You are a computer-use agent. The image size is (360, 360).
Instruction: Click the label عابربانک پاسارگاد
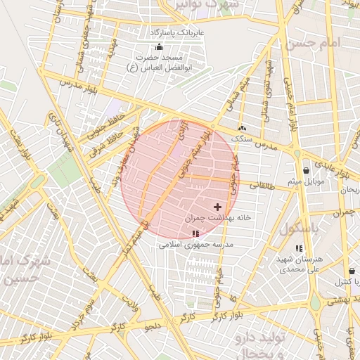tap(175, 32)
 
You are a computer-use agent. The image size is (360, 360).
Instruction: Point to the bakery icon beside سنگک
tap(242, 129)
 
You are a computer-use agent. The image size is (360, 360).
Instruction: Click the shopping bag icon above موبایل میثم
tap(306, 171)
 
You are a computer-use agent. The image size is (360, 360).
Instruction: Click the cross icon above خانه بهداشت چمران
tap(217, 207)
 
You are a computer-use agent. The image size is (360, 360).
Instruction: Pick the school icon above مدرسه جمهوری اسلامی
tap(195, 233)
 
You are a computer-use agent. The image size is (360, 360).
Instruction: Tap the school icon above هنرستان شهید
tap(300, 248)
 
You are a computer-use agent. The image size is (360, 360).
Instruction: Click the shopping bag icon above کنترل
tap(351, 271)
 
